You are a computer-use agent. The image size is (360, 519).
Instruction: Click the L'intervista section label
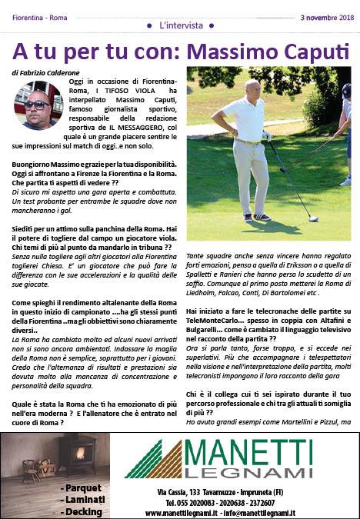pos(180,26)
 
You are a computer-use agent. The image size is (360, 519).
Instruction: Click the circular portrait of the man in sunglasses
pos(38,105)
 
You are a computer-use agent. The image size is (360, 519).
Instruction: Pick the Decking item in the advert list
pos(84,511)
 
